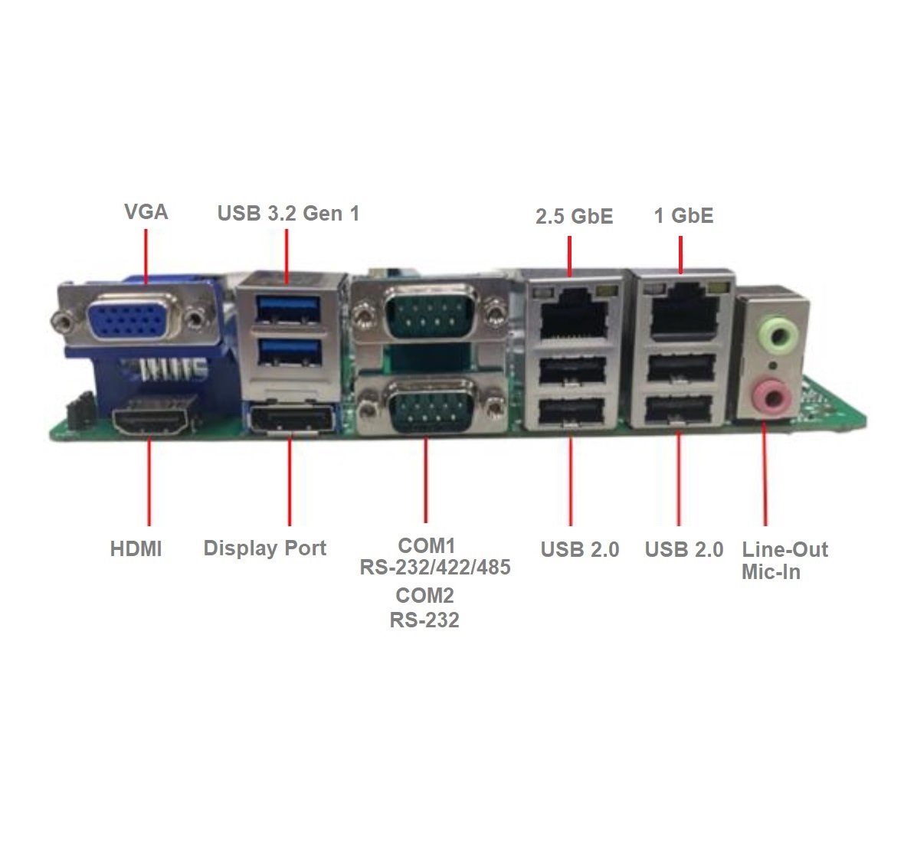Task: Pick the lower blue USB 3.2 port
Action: point(288,352)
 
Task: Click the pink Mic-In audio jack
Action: point(772,395)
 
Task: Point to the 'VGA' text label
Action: point(146,211)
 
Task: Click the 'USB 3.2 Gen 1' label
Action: point(288,213)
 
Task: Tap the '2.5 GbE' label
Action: point(575,216)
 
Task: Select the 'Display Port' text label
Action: point(264,548)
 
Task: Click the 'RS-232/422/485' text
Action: point(435,568)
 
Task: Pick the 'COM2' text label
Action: point(425,595)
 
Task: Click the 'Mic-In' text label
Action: point(771,572)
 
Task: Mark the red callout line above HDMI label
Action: point(149,482)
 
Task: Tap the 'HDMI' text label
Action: point(136,548)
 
